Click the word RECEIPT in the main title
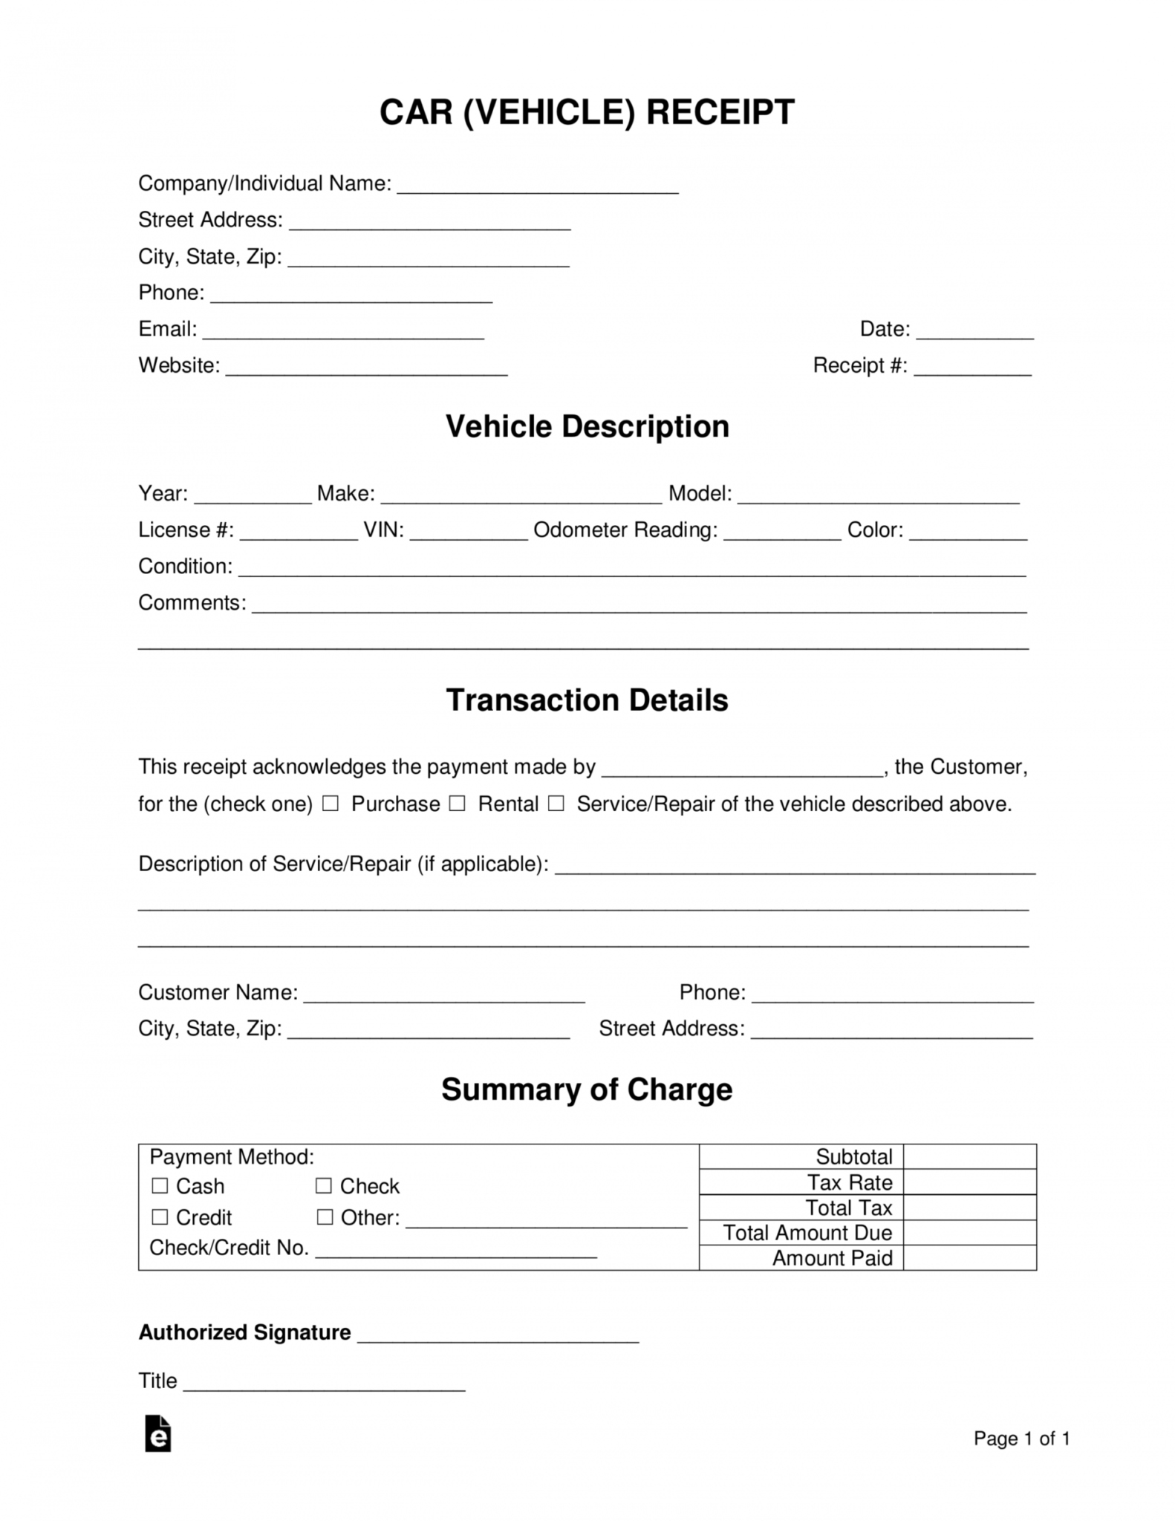[x=720, y=112]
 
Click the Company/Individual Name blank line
[x=538, y=186]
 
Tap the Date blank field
[x=974, y=331]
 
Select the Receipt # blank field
[x=972, y=368]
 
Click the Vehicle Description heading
[x=587, y=426]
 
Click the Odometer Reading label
[x=625, y=530]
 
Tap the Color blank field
[x=968, y=532]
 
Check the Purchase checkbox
[x=331, y=804]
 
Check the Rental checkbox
[x=458, y=804]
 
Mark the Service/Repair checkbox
[x=556, y=804]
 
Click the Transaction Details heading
[x=587, y=700]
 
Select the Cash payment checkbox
[x=160, y=1186]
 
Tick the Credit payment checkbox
[x=160, y=1217]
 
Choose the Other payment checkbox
[x=324, y=1217]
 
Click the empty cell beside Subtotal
[x=969, y=1156]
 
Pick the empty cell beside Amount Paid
[x=969, y=1258]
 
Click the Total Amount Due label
[x=807, y=1233]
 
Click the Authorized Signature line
[x=498, y=1335]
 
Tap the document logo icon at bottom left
[x=157, y=1433]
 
